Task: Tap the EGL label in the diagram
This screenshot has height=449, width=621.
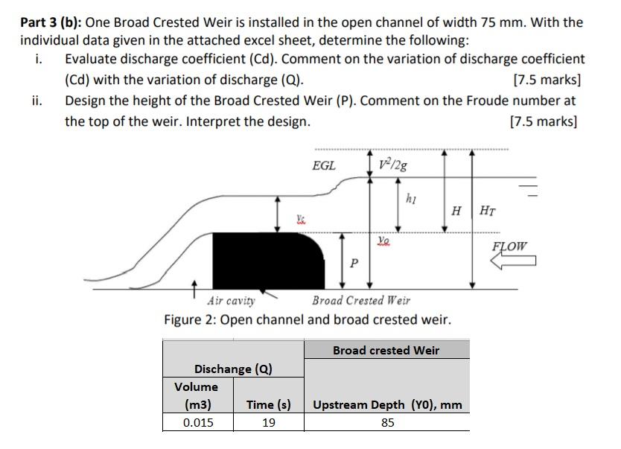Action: click(x=324, y=165)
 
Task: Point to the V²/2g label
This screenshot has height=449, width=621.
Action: click(x=392, y=164)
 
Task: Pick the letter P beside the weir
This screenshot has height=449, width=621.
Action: click(x=354, y=264)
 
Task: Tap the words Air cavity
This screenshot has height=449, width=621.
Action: click(x=231, y=301)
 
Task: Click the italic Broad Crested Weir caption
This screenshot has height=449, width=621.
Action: click(x=361, y=301)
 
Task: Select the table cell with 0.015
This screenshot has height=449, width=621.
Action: click(x=198, y=422)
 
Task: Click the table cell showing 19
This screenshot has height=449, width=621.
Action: click(x=268, y=422)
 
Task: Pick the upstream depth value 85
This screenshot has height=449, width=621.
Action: click(x=387, y=422)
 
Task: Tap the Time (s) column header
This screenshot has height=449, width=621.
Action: click(x=268, y=405)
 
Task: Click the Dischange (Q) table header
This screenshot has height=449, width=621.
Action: click(x=233, y=369)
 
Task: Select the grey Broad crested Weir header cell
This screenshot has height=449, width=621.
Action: click(x=386, y=350)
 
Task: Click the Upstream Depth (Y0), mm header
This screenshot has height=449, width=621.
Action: click(x=387, y=405)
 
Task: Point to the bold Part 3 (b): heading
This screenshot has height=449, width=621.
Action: click(x=51, y=22)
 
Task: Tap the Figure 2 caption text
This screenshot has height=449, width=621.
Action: click(x=308, y=320)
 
